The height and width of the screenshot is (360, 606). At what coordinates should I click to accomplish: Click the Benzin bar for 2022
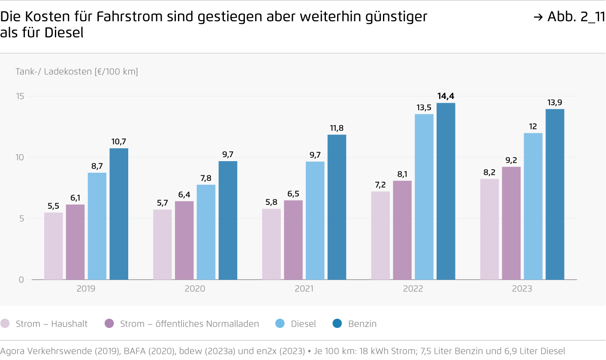click(446, 191)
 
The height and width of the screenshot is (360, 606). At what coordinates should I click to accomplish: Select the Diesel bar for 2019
click(97, 226)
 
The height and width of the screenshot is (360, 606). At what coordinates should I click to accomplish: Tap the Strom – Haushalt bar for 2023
click(489, 229)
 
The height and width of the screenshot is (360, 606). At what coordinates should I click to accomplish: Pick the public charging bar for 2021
click(293, 240)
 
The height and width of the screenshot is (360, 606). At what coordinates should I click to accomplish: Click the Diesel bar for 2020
click(206, 232)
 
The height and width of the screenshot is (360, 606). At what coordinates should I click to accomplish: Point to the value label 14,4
click(446, 96)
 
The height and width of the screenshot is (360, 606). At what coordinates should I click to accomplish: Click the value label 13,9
click(555, 102)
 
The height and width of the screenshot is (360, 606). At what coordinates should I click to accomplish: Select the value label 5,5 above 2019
click(54, 206)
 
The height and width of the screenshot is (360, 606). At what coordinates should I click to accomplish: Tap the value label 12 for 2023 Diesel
click(533, 126)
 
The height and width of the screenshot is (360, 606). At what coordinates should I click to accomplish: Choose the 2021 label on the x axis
click(304, 289)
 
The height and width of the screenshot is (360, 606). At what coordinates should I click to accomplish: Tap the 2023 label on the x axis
click(522, 289)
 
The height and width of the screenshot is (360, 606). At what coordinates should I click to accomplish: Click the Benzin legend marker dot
click(337, 324)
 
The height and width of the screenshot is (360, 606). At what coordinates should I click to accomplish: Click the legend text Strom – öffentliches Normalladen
click(190, 324)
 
